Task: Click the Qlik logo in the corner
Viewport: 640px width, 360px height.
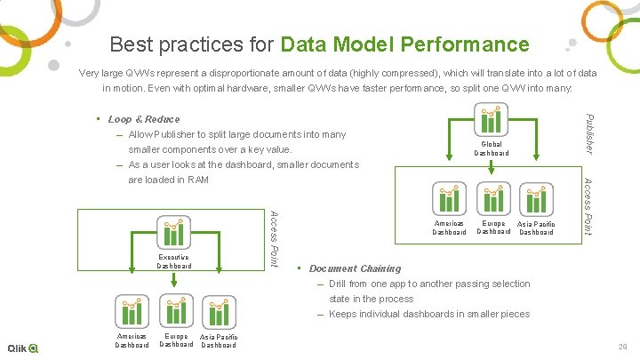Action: coord(22,348)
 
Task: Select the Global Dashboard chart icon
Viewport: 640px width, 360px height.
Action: coord(492,122)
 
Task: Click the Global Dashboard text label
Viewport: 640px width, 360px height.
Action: coord(492,148)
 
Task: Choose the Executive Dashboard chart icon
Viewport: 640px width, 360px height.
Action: coord(174,234)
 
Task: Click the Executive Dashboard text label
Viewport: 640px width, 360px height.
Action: coord(174,261)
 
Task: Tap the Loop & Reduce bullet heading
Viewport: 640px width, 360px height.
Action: coord(143,119)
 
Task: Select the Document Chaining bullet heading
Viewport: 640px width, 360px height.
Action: coord(355,268)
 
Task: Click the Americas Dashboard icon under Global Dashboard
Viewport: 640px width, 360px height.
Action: coord(449,200)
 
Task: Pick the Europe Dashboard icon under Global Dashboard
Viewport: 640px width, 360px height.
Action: coord(492,200)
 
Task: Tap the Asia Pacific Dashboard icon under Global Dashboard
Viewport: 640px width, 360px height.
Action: coord(536,200)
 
